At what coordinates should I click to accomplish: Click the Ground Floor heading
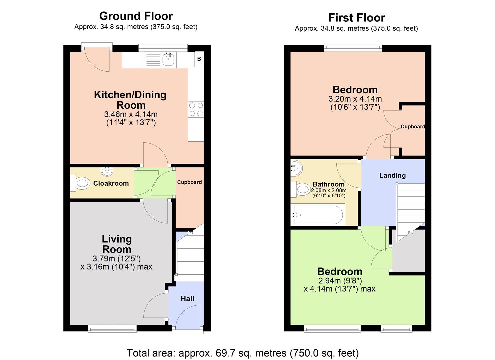[136, 16]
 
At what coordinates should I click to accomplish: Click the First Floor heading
[356, 17]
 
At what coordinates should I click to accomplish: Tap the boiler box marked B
[199, 59]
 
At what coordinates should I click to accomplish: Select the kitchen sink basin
[169, 60]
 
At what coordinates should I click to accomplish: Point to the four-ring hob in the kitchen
[196, 109]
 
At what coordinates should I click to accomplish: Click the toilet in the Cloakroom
[81, 183]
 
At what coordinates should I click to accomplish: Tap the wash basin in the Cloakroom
[107, 171]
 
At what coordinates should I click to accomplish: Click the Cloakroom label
[111, 183]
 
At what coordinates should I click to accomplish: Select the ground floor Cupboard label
[189, 182]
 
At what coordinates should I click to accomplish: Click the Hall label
[187, 299]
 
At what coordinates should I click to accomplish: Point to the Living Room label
[117, 244]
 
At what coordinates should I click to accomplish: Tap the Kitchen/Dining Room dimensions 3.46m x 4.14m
[131, 114]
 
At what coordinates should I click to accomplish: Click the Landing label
[392, 175]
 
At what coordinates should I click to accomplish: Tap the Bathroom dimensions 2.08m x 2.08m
[328, 191]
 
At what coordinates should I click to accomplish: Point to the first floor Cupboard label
[412, 127]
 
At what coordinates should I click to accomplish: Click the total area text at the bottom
[243, 353]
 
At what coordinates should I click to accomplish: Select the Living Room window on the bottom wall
[112, 329]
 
